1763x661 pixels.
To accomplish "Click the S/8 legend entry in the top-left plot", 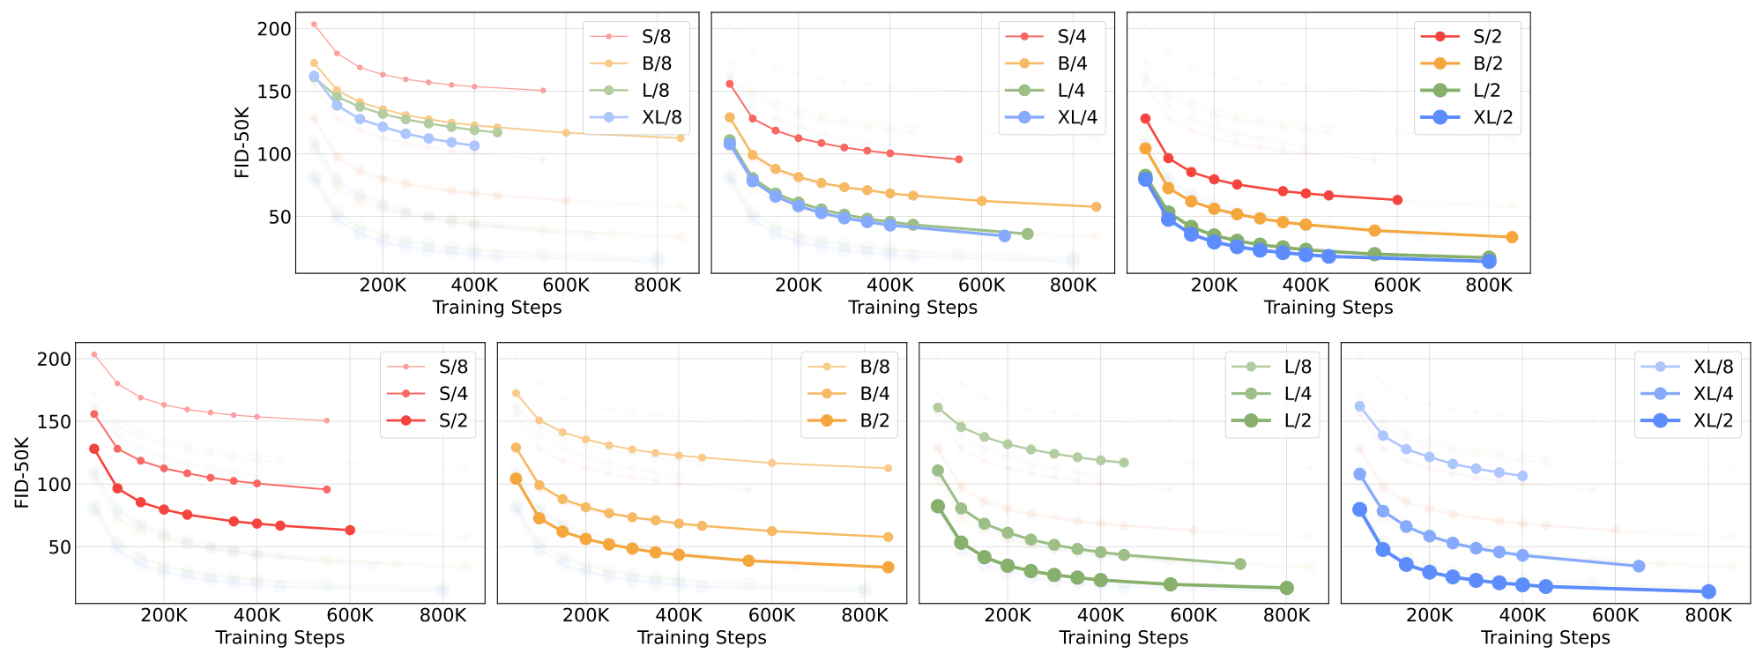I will (x=655, y=36).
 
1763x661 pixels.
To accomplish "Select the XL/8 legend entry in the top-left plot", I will (x=661, y=117).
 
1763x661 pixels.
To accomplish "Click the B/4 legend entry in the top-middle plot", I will (x=1071, y=63).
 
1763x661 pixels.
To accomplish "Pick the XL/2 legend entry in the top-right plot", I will (x=1492, y=117).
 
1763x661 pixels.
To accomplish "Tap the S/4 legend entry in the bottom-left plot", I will (x=453, y=393).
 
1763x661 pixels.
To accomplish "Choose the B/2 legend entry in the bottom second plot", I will (x=874, y=420).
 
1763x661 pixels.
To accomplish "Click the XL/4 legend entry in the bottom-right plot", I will (x=1713, y=393).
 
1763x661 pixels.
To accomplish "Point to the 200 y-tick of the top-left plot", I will (x=273, y=29).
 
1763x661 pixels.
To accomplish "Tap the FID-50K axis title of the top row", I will (x=242, y=142).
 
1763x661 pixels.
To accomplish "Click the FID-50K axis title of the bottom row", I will (x=23, y=472).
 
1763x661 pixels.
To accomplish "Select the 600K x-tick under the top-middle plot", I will (x=981, y=286).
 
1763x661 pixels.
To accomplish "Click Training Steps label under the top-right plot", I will (x=1328, y=308).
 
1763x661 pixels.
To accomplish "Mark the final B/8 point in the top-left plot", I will (x=680, y=137).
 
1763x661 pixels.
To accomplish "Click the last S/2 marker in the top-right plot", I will (x=1397, y=200).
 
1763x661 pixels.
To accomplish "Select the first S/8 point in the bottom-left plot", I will (x=94, y=354).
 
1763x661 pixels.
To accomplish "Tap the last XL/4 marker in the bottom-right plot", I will (x=1639, y=566).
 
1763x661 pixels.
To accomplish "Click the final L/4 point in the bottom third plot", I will (x=1239, y=564).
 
